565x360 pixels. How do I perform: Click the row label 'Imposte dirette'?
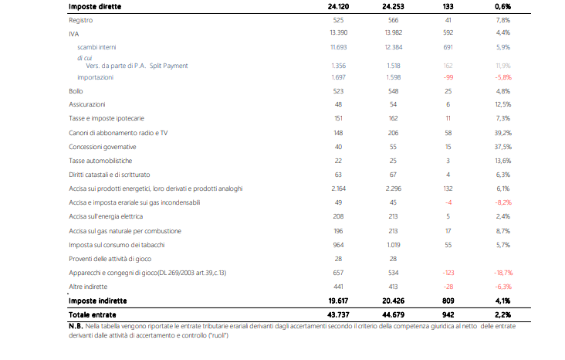coord(96,6)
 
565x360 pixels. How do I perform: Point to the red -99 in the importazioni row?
coord(448,78)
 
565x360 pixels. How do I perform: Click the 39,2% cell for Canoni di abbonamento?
coord(502,133)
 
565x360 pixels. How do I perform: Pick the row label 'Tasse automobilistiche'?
coord(100,161)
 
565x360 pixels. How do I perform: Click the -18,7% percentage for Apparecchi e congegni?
coord(502,273)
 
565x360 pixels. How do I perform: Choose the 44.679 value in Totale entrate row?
coord(394,315)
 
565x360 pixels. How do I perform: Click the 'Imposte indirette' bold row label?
coord(98,301)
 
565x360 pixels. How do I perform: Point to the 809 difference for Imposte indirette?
coord(448,301)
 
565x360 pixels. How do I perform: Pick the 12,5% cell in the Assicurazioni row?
coord(502,104)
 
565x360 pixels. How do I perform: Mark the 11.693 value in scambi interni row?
coord(338,47)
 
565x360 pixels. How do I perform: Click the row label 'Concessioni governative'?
coord(103,147)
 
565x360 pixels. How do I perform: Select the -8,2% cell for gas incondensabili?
coord(502,202)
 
